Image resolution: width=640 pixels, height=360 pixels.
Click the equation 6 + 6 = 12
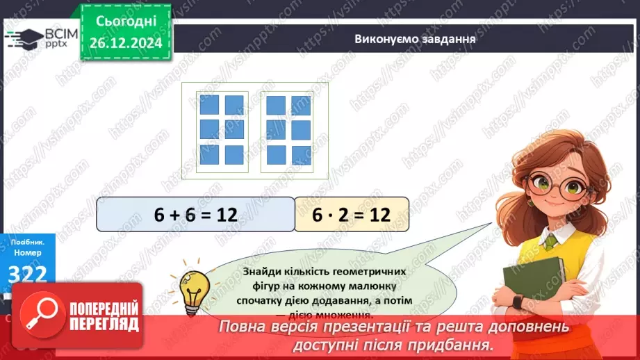pyautogui.click(x=195, y=215)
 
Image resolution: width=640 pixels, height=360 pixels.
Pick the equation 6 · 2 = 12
pyautogui.click(x=351, y=215)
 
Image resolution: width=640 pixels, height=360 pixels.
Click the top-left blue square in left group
pyautogui.click(x=209, y=104)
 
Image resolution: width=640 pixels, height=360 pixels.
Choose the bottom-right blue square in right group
pyautogui.click(x=301, y=154)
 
